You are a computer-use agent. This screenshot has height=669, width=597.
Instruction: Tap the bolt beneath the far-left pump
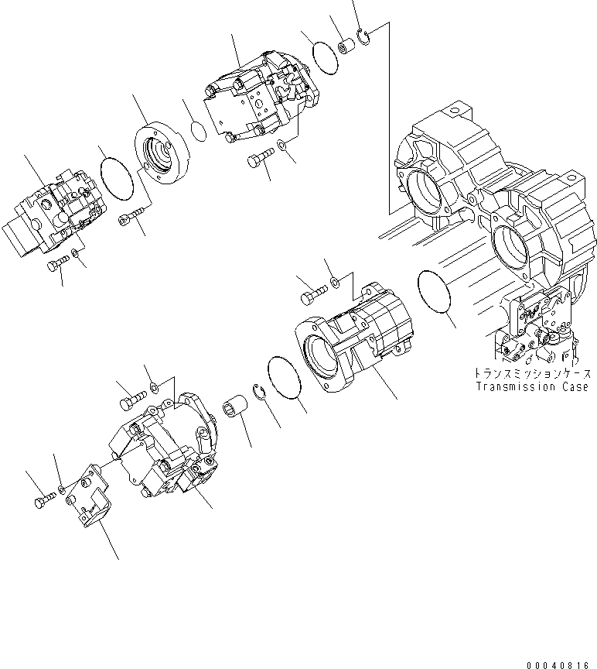(x=56, y=265)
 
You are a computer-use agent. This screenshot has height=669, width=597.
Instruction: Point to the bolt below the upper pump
(x=258, y=161)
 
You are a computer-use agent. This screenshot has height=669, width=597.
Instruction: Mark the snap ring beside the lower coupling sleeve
(x=261, y=390)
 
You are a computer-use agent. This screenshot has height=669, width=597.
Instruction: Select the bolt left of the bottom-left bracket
(x=43, y=500)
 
